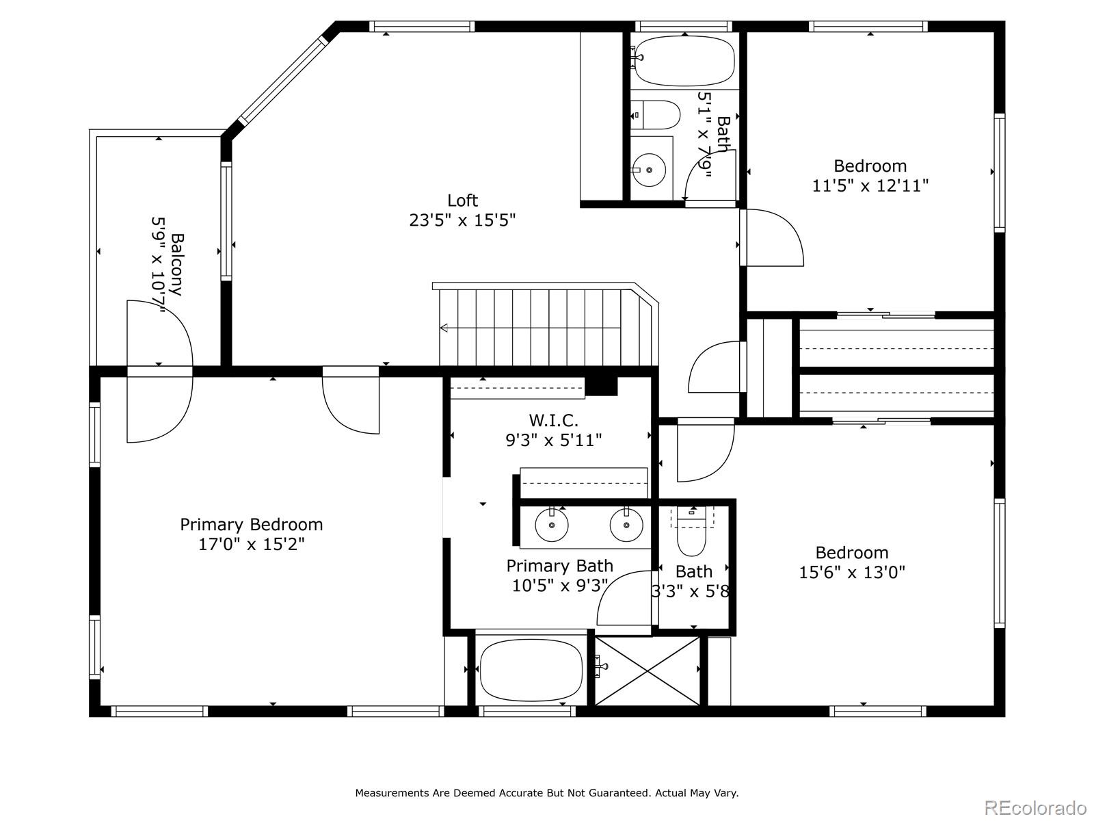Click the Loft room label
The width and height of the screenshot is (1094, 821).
(462, 200)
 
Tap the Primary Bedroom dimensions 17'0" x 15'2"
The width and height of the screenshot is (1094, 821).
(251, 545)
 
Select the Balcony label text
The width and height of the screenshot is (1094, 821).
(176, 264)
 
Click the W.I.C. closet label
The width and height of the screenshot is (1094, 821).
(553, 420)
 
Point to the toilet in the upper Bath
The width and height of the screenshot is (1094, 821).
(657, 114)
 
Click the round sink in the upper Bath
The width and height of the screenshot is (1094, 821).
(648, 169)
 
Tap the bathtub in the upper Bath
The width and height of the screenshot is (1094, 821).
(684, 61)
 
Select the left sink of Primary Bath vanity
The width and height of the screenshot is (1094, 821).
(551, 526)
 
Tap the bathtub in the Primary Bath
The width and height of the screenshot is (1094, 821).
(531, 671)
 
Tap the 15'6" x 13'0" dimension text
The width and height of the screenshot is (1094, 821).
(852, 572)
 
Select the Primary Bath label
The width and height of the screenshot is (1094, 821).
(559, 566)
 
